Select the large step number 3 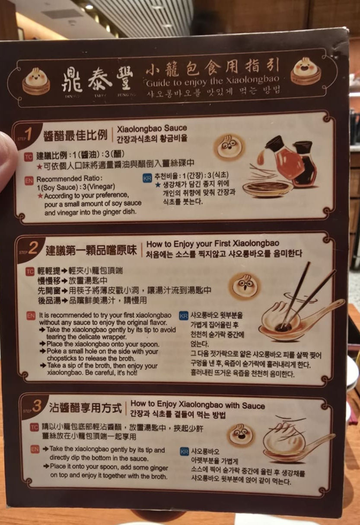coord(37,406)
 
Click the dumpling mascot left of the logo coord(36,80)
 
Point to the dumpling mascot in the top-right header coord(306,71)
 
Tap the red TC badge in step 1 coord(29,156)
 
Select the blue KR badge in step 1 coord(147,177)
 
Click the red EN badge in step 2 coord(31,315)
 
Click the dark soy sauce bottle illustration coord(304,165)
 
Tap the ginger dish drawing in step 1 coord(267,188)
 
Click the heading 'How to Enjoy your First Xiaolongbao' coord(213,244)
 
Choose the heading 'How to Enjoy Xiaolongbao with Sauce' coord(198,406)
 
